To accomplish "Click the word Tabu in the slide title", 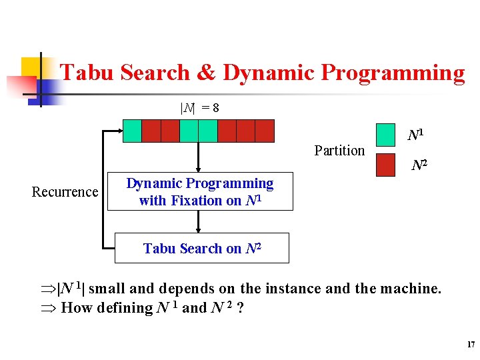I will pyautogui.click(x=85, y=73).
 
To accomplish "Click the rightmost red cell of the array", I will pyautogui.click(x=265, y=131).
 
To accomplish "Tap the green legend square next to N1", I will pyautogui.click(x=386, y=135).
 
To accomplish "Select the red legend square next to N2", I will pyautogui.click(x=386, y=165).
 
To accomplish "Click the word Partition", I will pyautogui.click(x=339, y=151).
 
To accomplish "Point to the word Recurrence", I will pyautogui.click(x=65, y=192).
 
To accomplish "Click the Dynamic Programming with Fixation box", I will pyautogui.click(x=200, y=192).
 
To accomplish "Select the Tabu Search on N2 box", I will pyautogui.click(x=202, y=248).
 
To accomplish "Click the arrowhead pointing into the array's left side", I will pyautogui.click(x=118, y=131).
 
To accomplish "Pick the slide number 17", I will pyautogui.click(x=470, y=345).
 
